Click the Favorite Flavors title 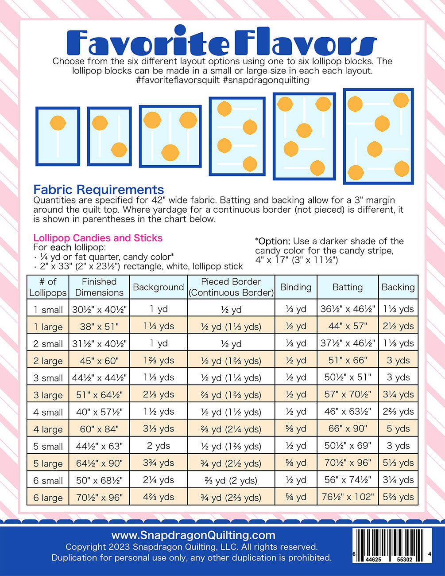221,41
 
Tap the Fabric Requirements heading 99,190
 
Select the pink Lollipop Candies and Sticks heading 98,238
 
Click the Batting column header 348,287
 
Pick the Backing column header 398,287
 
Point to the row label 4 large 48,429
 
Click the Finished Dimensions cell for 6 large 99,498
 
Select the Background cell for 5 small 159,446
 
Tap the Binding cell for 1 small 296,309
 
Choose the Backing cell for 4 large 398,429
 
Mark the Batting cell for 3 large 348,395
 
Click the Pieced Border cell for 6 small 231,481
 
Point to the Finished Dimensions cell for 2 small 99,344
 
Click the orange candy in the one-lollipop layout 58,123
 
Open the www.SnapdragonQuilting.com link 193,535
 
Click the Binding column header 296,287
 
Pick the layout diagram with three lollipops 170,136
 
